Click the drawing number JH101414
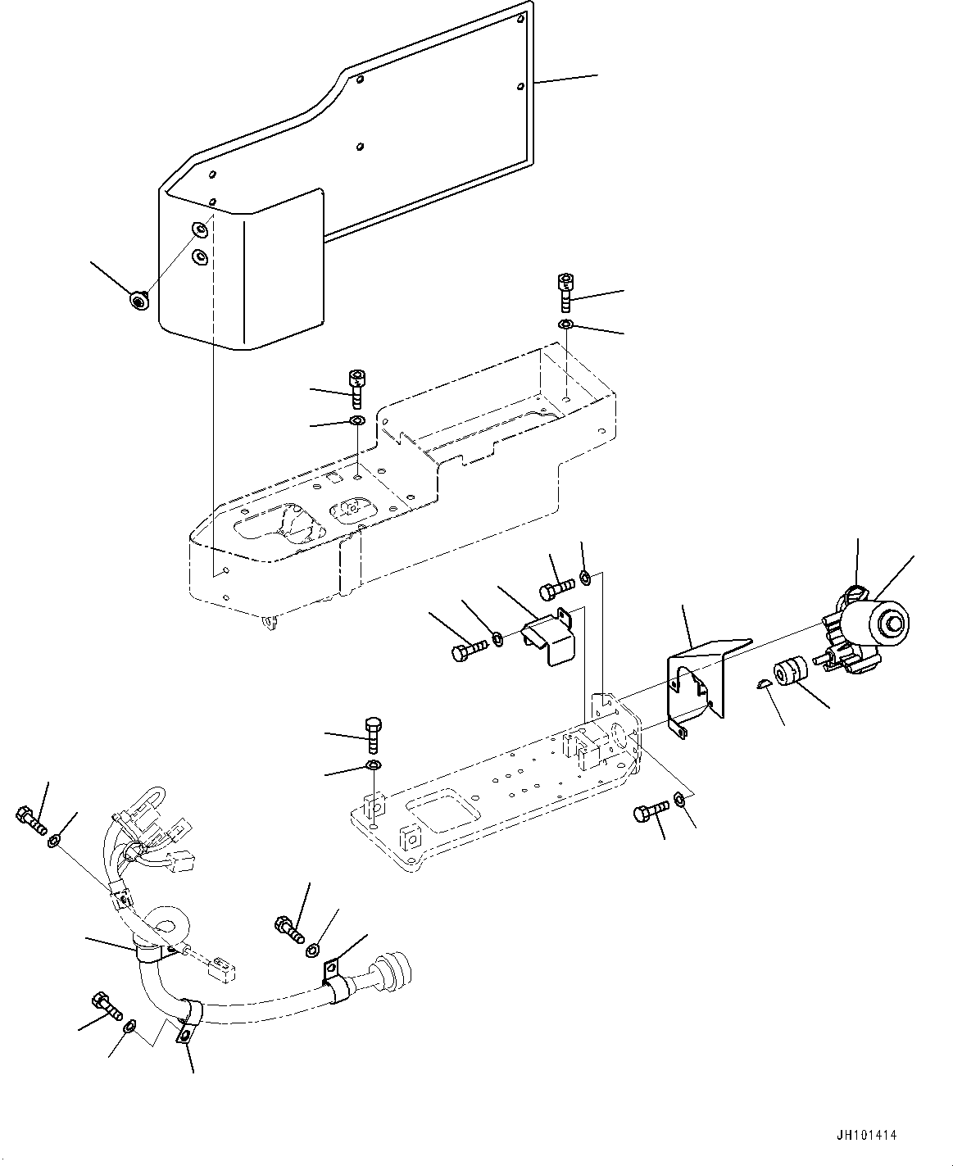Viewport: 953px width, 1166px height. click(x=866, y=1136)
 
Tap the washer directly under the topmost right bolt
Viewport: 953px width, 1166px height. click(x=565, y=326)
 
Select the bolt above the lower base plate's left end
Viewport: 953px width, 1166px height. click(x=373, y=733)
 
